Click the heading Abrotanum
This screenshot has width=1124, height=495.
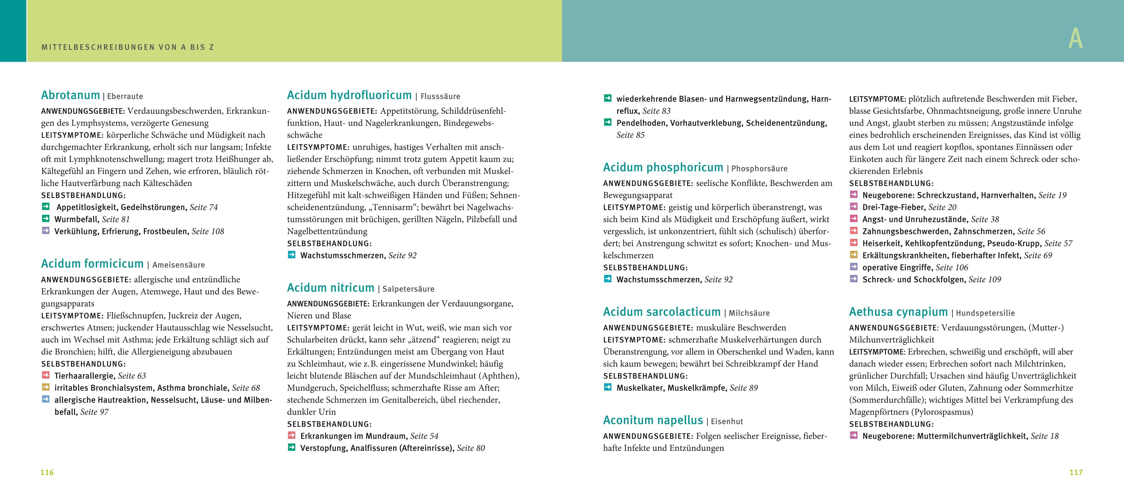pos(70,96)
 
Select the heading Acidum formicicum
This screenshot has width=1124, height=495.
pos(92,264)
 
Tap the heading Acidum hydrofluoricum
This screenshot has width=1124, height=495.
pos(349,96)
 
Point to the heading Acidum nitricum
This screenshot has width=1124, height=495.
pos(330,288)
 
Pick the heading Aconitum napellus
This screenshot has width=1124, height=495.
pos(653,420)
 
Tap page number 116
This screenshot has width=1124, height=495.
pos(47,472)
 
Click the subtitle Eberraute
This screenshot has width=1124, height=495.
pos(125,96)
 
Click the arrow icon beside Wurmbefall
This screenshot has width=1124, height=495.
pos(46,218)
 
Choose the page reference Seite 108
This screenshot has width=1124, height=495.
pos(208,232)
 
